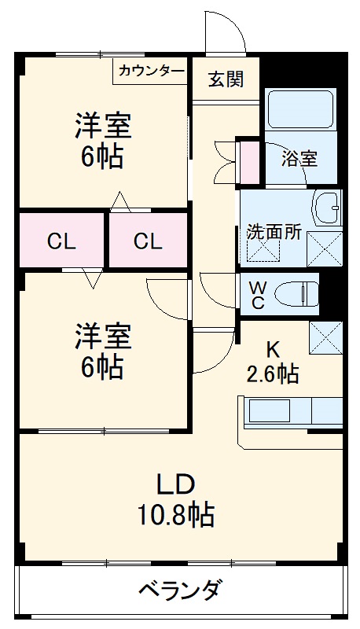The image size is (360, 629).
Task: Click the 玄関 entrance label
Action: point(226,79)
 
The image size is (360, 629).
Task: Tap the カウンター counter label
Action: point(152,72)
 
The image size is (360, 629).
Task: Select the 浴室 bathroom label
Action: point(299,157)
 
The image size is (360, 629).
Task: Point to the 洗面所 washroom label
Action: point(274,232)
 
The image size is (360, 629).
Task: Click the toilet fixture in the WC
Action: point(298,292)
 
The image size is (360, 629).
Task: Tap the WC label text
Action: point(257,293)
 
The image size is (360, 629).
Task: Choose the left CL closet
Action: point(61,241)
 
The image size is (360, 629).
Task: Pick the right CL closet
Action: point(147,241)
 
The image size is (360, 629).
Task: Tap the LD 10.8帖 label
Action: point(176,501)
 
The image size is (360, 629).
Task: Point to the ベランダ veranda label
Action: point(180,589)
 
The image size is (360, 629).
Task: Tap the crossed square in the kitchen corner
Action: point(326,337)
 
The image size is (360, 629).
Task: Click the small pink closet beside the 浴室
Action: point(249,161)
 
